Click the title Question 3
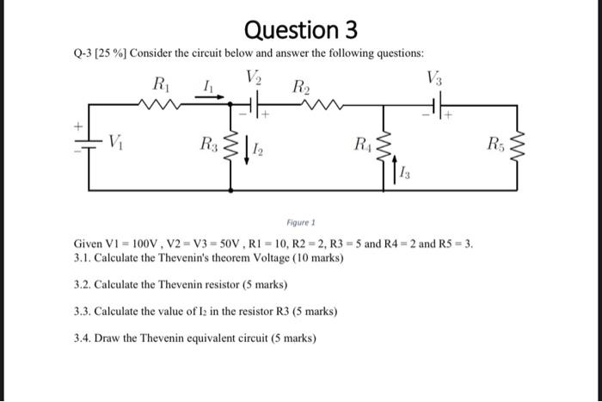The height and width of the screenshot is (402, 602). click(x=300, y=30)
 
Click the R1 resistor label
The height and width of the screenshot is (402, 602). click(x=161, y=84)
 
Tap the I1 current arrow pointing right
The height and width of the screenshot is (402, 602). click(x=206, y=97)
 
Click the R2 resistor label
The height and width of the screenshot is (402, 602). click(x=302, y=86)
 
